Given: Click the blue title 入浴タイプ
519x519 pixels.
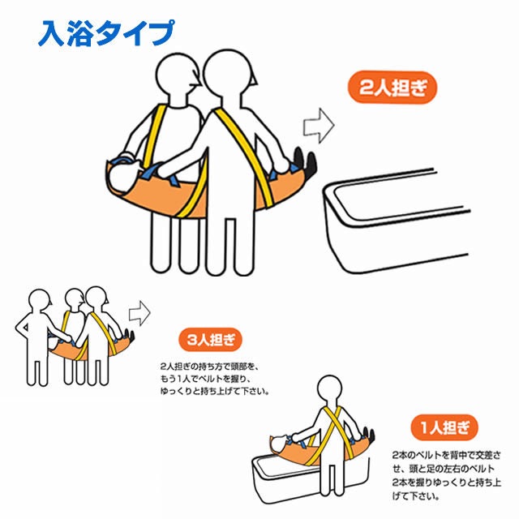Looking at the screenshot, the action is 106,33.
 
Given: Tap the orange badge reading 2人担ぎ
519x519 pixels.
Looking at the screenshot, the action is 392,88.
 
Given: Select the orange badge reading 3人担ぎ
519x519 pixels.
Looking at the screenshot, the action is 211,340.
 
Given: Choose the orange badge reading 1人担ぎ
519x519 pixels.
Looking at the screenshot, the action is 444,427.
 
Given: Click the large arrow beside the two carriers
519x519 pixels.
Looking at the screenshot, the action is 319,126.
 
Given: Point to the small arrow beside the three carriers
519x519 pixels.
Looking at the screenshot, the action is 139,313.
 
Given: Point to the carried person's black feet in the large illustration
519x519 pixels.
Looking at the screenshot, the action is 305,162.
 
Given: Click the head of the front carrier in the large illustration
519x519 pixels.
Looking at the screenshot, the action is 228,74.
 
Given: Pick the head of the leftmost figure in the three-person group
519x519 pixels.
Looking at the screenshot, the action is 40,301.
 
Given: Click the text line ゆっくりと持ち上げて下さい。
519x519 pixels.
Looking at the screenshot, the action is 214,392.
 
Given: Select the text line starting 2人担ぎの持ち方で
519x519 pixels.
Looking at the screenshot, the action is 209,367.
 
